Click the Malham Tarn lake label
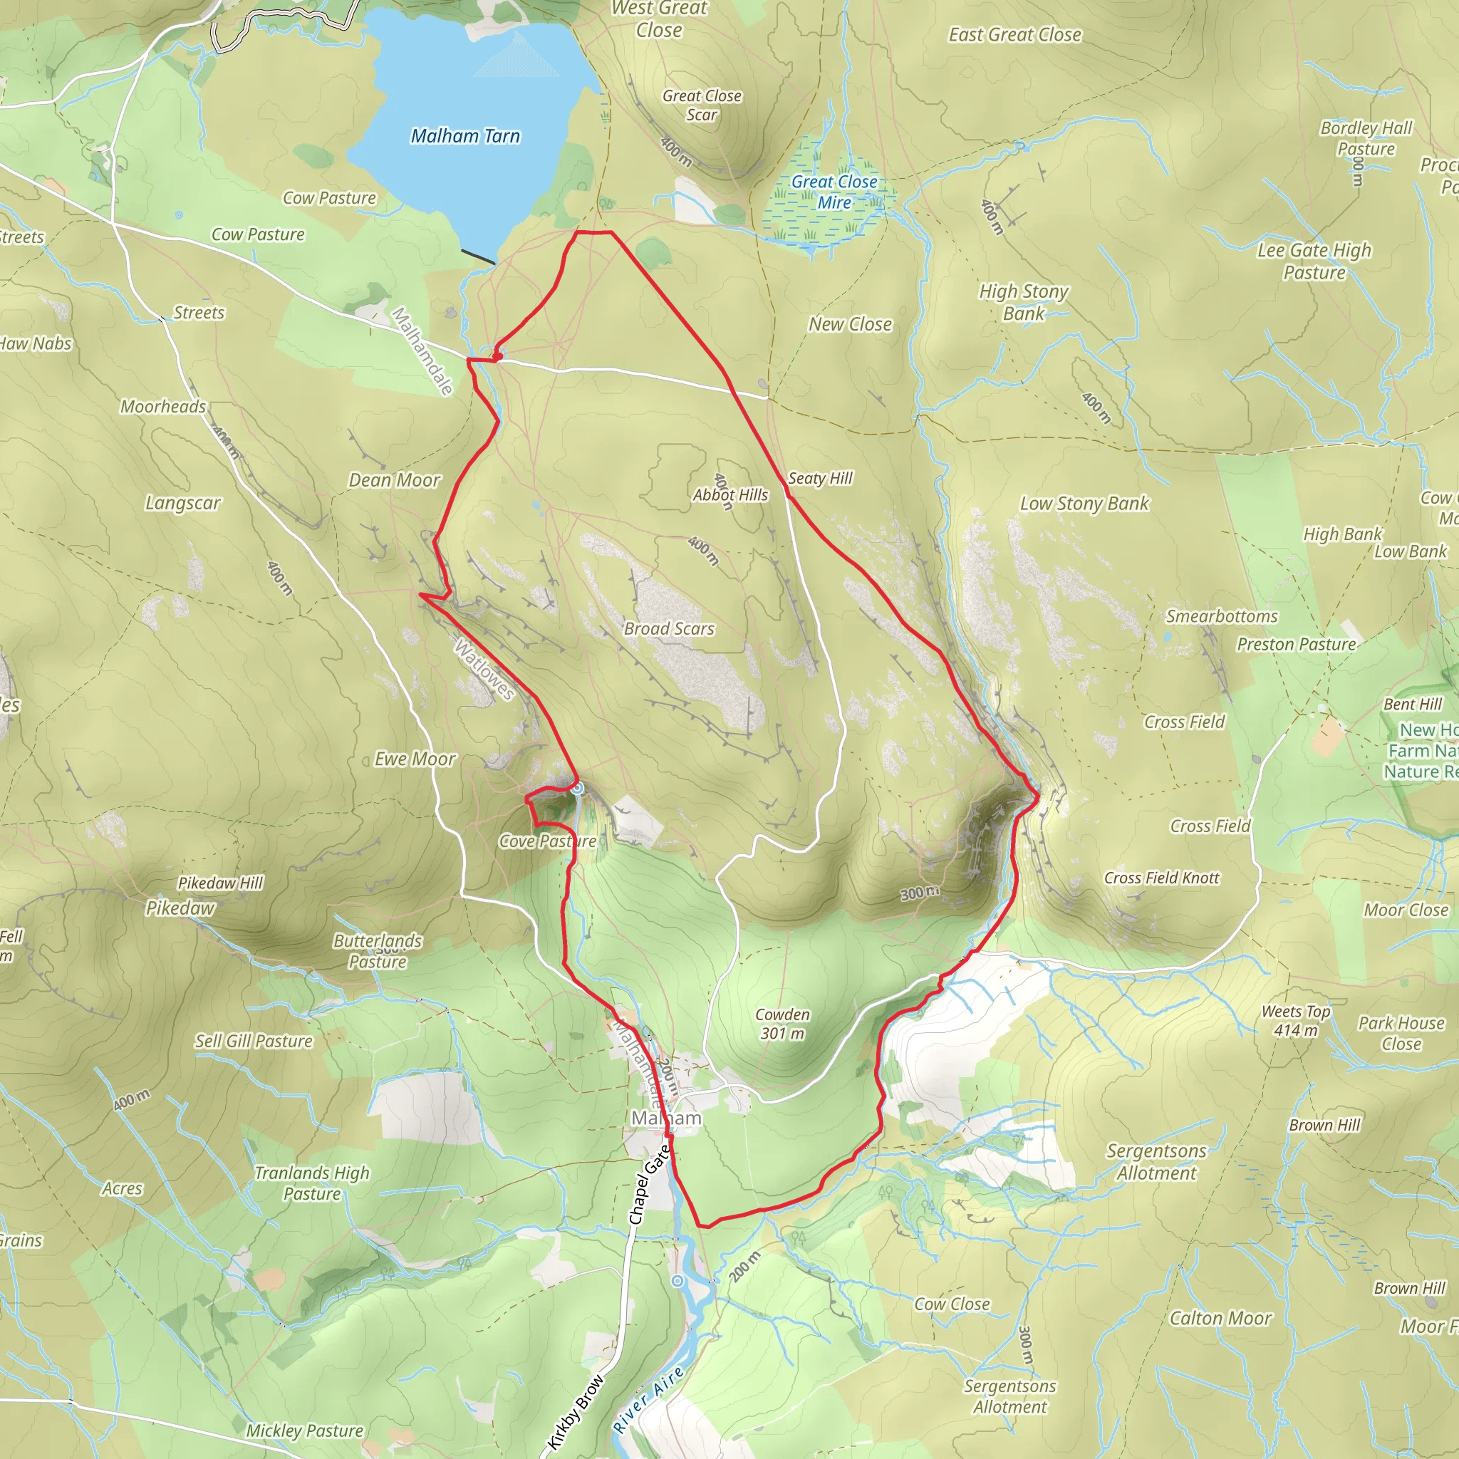pyautogui.click(x=465, y=136)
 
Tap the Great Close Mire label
pyautogui.click(x=834, y=192)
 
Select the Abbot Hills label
pyautogui.click(x=730, y=494)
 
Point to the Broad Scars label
pyautogui.click(x=668, y=628)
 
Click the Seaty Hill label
pyautogui.click(x=819, y=478)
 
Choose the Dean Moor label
pyautogui.click(x=393, y=480)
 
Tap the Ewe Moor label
pyautogui.click(x=415, y=759)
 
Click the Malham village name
pyautogui.click(x=666, y=1118)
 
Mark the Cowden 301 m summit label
pyautogui.click(x=782, y=1023)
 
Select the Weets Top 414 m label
pyautogui.click(x=1295, y=1020)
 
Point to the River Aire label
pyautogui.click(x=648, y=1398)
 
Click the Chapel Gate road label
pyautogui.click(x=650, y=1184)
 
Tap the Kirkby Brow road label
pyautogui.click(x=576, y=1411)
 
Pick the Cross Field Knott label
pyautogui.click(x=1161, y=878)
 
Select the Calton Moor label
pyautogui.click(x=1220, y=1319)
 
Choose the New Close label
pyautogui.click(x=850, y=324)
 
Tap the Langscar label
pyautogui.click(x=183, y=503)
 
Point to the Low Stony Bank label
pyautogui.click(x=1084, y=504)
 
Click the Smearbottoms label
pyautogui.click(x=1221, y=616)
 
